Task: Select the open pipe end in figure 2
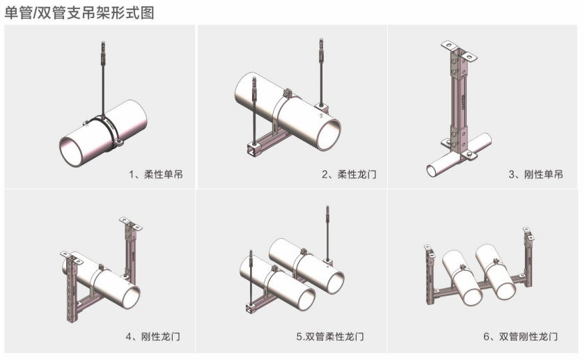point(329,132)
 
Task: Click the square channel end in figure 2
point(247,150)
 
